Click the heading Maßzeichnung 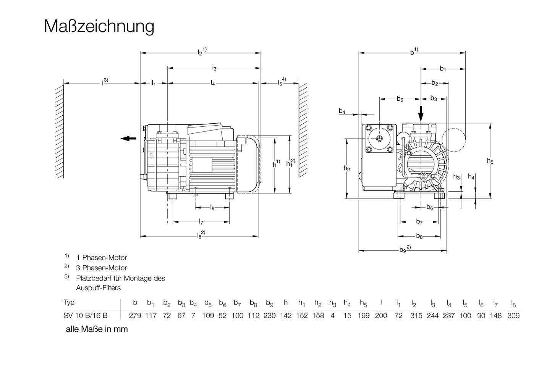click(x=99, y=26)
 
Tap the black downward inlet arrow click(x=421, y=113)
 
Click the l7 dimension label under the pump click(x=201, y=221)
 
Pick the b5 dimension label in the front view click(x=400, y=99)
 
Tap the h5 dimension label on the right click(x=490, y=161)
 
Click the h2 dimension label click(x=346, y=168)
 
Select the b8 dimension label click(x=419, y=236)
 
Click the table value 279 click(x=135, y=316)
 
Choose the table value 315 click(x=416, y=316)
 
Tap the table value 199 click(x=363, y=316)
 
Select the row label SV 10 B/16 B click(x=86, y=316)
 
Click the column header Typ click(x=69, y=302)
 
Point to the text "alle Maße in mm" click(x=97, y=329)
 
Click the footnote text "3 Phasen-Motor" click(x=101, y=268)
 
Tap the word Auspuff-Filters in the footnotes click(x=98, y=288)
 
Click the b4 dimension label click(x=342, y=111)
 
